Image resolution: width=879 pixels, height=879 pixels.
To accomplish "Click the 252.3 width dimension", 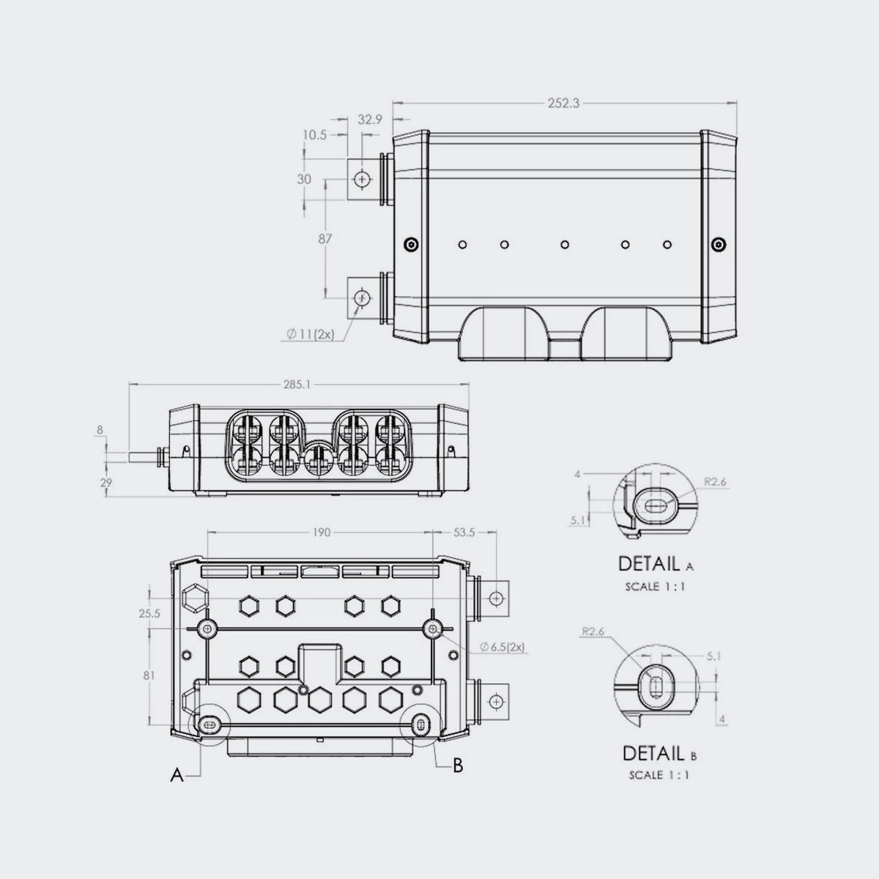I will click(x=563, y=104).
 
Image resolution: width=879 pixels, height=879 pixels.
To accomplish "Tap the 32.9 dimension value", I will click(x=370, y=119).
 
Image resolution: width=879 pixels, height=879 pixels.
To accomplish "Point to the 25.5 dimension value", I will click(x=149, y=613).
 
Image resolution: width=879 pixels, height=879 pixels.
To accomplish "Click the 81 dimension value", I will click(x=149, y=676).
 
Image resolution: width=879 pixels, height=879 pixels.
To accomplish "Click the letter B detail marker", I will click(x=457, y=765).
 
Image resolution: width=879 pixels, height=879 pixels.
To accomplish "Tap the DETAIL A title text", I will click(x=656, y=564).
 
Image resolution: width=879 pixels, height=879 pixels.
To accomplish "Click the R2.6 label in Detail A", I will click(x=714, y=482).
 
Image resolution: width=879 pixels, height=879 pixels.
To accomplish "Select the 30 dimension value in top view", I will click(x=304, y=179).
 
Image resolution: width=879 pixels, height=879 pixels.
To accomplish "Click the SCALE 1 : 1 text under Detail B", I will click(x=659, y=775).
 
